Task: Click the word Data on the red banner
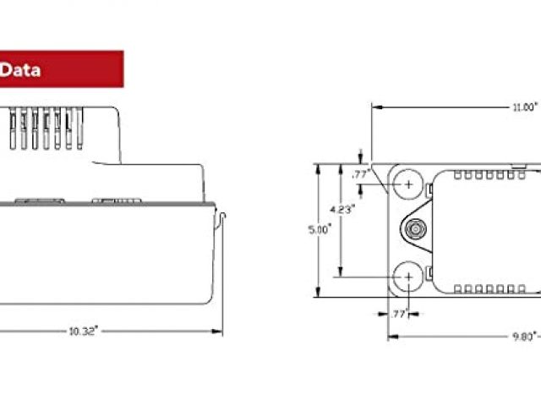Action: coord(20,70)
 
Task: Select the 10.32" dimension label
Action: coord(84,332)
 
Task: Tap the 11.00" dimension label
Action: coord(525,107)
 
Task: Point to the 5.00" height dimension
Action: coord(320,229)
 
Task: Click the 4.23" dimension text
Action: coord(342,209)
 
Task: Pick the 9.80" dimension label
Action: coord(525,337)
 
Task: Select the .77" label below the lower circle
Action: coord(400,314)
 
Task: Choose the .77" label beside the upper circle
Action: coord(361,174)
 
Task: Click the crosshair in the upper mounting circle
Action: coord(408,184)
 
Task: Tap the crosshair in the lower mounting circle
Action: coord(408,277)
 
